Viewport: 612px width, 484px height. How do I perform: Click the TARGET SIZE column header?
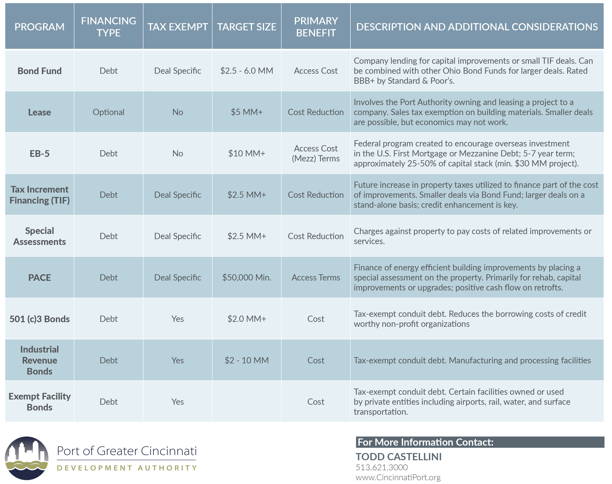click(247, 27)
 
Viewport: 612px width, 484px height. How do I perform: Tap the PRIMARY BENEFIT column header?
click(316, 27)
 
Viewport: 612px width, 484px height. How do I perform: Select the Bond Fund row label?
click(40, 71)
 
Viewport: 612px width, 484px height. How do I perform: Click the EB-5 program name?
click(40, 154)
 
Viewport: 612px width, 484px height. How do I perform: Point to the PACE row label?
click(40, 278)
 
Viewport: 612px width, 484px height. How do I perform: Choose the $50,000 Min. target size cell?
click(247, 277)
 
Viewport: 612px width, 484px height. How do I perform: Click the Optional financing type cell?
click(109, 112)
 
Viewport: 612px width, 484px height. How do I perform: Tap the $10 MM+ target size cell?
click(247, 154)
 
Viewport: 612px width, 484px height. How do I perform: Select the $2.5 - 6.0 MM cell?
click(247, 71)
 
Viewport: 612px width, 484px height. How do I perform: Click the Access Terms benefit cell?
click(316, 278)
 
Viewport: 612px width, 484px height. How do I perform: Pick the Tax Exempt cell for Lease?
click(178, 112)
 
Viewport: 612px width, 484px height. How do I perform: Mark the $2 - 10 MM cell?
click(247, 360)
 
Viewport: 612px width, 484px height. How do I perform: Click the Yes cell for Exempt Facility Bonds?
click(178, 402)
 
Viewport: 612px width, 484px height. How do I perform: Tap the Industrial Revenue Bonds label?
click(40, 360)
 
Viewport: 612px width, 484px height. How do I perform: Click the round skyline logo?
click(27, 458)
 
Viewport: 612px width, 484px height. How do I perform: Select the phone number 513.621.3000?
click(382, 467)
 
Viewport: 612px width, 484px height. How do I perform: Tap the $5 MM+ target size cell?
click(247, 112)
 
